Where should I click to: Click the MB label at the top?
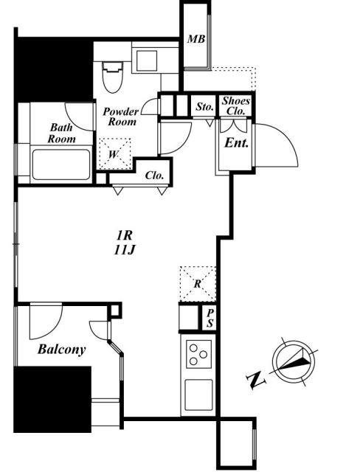click(x=196, y=39)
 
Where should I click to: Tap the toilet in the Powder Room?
click(x=113, y=77)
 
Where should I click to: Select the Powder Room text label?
click(x=121, y=117)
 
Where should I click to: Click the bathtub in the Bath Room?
click(x=61, y=164)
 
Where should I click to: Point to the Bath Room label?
click(x=62, y=133)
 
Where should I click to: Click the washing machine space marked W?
click(x=114, y=154)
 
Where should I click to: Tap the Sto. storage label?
click(x=205, y=106)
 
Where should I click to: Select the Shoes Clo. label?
click(x=235, y=106)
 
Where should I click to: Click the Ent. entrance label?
click(x=237, y=142)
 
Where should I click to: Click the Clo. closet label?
click(x=155, y=176)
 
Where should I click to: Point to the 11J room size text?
click(x=125, y=250)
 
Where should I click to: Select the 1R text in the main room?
click(x=125, y=235)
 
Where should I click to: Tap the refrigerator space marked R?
click(x=198, y=283)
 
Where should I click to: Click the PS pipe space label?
click(x=210, y=319)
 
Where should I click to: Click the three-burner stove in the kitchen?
click(x=198, y=354)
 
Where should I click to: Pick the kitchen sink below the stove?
click(x=198, y=395)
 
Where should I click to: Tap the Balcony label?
click(x=62, y=350)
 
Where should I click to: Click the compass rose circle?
click(x=294, y=361)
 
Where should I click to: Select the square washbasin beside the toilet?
click(x=147, y=60)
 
